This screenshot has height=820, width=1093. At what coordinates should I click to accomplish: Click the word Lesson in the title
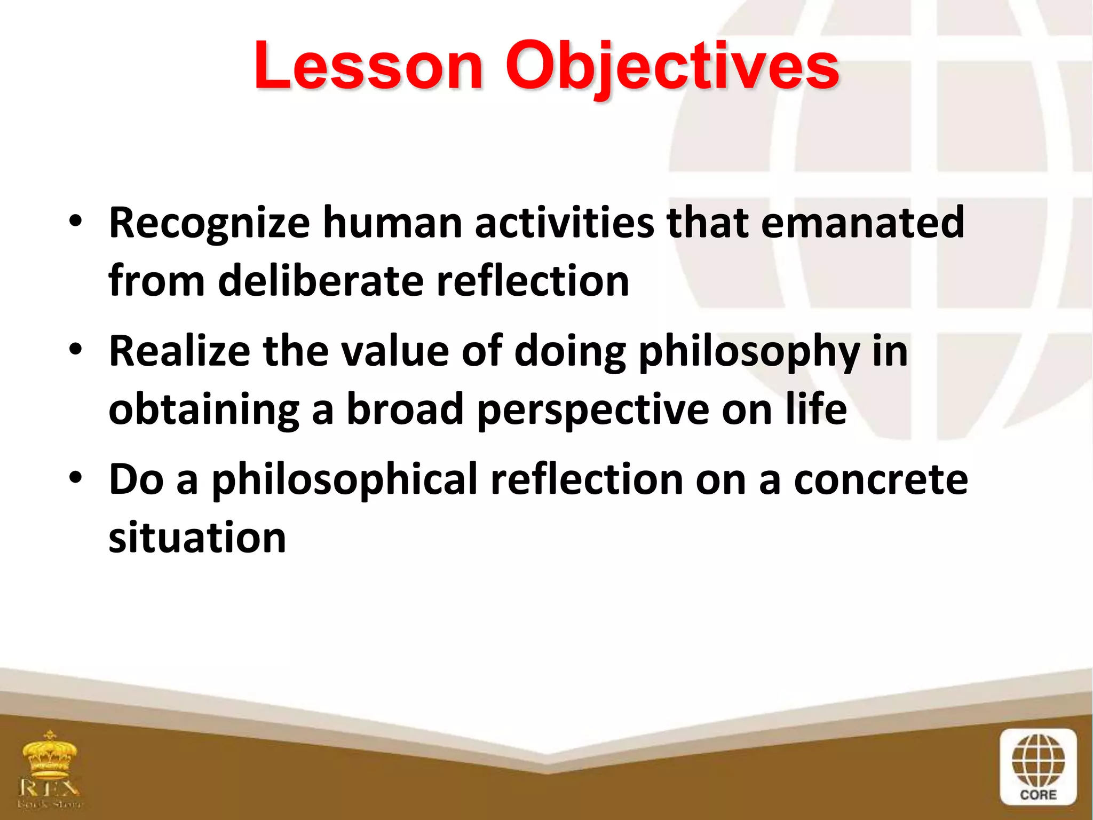pos(368,67)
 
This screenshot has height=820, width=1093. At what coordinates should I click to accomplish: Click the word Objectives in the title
pos(672,67)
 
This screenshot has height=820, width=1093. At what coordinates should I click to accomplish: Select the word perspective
pos(593,410)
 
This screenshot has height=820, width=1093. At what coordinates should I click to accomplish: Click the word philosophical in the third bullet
pos(344,480)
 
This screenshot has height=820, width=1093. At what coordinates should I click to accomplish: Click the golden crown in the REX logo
pos(50,755)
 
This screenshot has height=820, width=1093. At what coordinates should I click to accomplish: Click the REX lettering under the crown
pos(50,787)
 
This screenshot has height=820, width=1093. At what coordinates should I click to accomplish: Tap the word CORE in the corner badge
pos(1038,795)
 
